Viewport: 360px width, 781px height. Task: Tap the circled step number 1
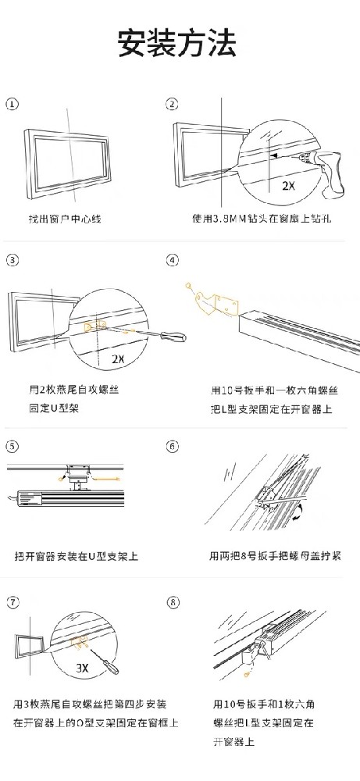[x=12, y=104]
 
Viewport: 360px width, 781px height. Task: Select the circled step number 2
[x=173, y=104]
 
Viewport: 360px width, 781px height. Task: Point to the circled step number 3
[x=12, y=260]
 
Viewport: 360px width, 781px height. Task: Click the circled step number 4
[x=173, y=260]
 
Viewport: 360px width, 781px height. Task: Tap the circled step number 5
[x=12, y=447]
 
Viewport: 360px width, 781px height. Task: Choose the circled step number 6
[x=173, y=447]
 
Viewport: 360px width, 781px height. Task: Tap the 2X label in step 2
[x=288, y=185]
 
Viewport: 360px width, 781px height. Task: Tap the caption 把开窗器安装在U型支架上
[x=77, y=556]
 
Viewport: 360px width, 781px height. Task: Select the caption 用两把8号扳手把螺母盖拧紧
[x=274, y=556]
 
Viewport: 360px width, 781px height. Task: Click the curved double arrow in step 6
[x=300, y=512]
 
